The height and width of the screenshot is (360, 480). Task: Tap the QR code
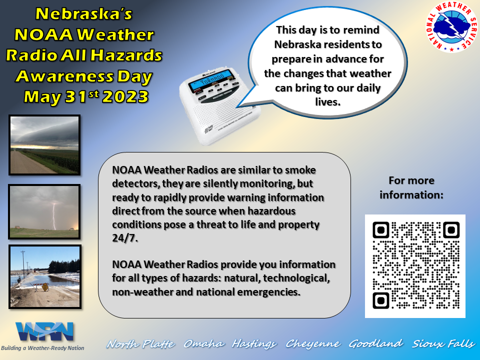pyautogui.click(x=415, y=266)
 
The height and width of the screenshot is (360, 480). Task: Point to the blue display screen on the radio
pyautogui.click(x=210, y=80)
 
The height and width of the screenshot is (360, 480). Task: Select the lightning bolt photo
pyautogui.click(x=44, y=212)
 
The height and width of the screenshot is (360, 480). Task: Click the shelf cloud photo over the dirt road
pyautogui.click(x=44, y=145)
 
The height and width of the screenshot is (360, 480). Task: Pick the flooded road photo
pyautogui.click(x=44, y=276)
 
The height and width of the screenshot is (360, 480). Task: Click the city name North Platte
pyautogui.click(x=141, y=344)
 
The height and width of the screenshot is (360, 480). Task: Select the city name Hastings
pyautogui.click(x=255, y=344)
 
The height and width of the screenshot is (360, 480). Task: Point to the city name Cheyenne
pyautogui.click(x=313, y=344)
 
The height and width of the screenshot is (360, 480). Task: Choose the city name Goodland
pyautogui.click(x=375, y=344)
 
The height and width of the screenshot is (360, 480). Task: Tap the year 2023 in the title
pyautogui.click(x=125, y=97)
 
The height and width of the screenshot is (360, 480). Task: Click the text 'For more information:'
pyautogui.click(x=411, y=187)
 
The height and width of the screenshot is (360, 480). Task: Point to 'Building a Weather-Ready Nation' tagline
pyautogui.click(x=42, y=348)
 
